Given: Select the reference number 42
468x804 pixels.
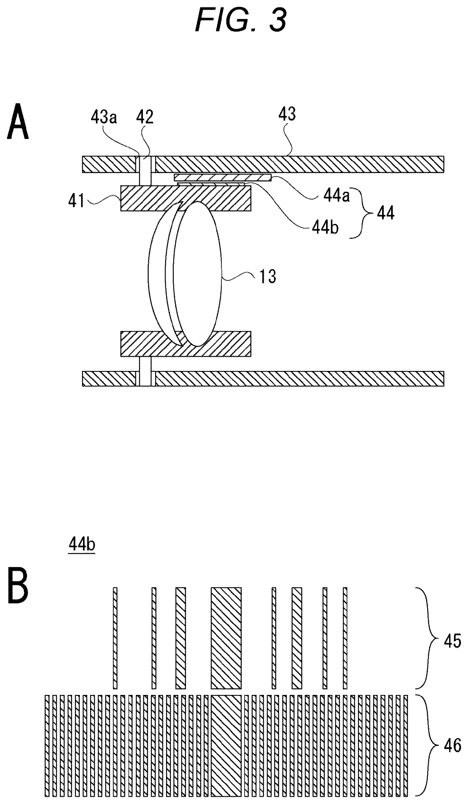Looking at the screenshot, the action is [145, 118].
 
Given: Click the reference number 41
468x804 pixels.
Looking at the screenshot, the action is [77, 202].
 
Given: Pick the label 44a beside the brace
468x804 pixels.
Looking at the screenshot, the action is [336, 196].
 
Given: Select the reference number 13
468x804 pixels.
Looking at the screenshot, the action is [267, 276].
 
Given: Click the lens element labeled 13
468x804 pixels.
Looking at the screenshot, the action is [185, 274].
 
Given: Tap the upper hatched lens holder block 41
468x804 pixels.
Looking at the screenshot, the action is [185, 198].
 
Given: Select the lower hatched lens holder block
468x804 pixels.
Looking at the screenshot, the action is [185, 344].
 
